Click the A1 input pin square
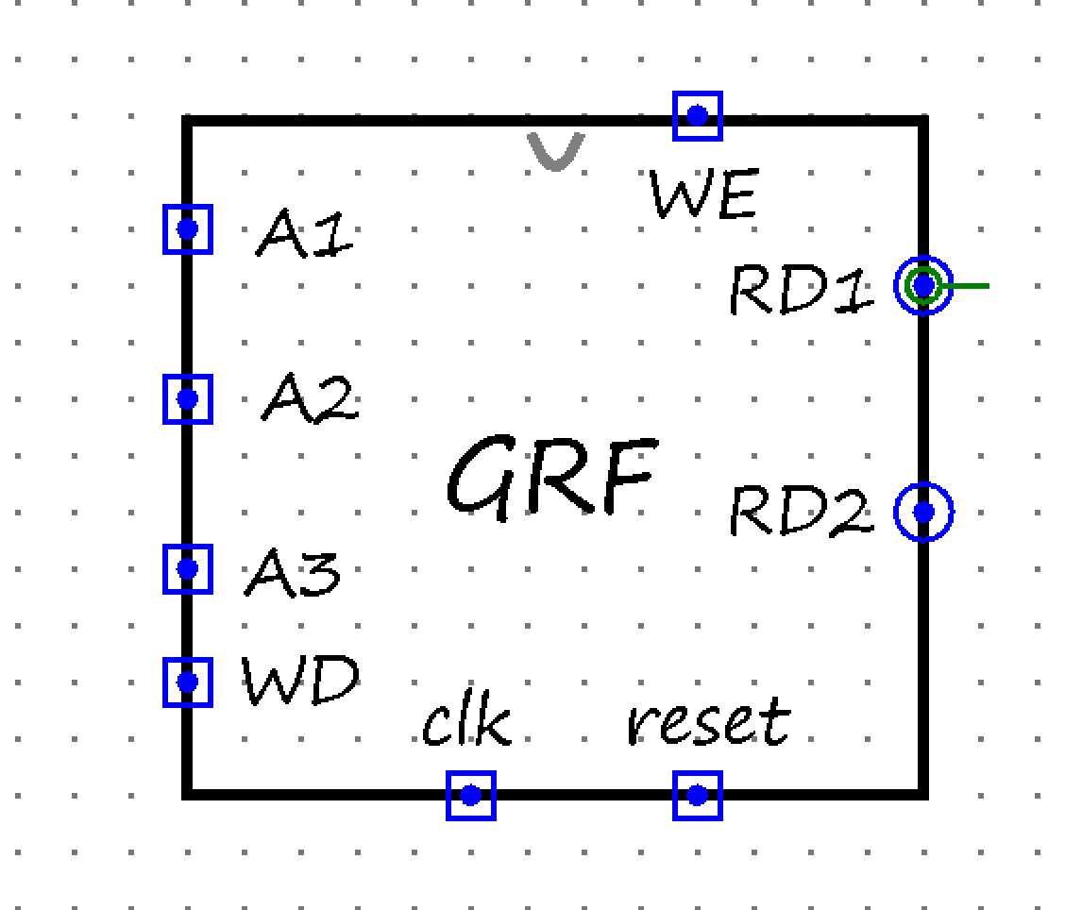pos(187,229)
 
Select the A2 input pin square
pos(187,399)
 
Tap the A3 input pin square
pos(187,569)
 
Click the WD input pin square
pos(187,682)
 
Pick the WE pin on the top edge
pos(698,116)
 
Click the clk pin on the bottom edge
pos(471,795)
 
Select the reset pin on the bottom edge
pos(698,795)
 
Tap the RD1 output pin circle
pos(923,284)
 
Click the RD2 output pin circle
pos(923,512)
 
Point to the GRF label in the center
pos(551,476)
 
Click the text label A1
pos(304,233)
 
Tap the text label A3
pos(293,573)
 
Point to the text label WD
pos(301,681)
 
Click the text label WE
pos(703,196)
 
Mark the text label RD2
pos(801,513)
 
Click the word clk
pos(466,723)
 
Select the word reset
pos(708,723)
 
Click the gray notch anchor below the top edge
pos(555,151)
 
